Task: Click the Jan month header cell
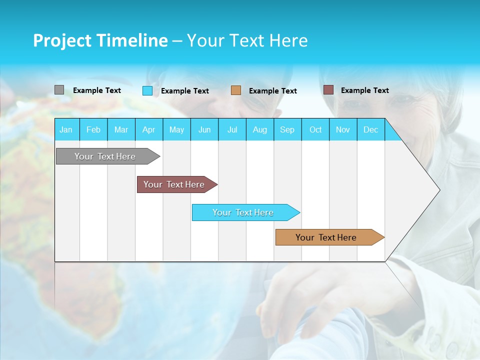coord(66,129)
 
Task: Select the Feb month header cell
coord(93,129)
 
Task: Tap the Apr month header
coord(149,129)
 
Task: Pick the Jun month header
coord(204,129)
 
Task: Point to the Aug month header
coord(260,129)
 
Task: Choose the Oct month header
coord(315,129)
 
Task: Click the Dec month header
coord(371,129)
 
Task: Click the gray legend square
coord(59,90)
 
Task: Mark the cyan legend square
coord(147,90)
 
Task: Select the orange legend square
coord(236,90)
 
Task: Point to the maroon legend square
coord(328,90)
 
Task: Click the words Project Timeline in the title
coord(100,40)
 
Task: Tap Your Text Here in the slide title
coord(247,40)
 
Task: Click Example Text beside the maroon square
coord(364,90)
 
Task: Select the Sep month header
coord(287,129)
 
